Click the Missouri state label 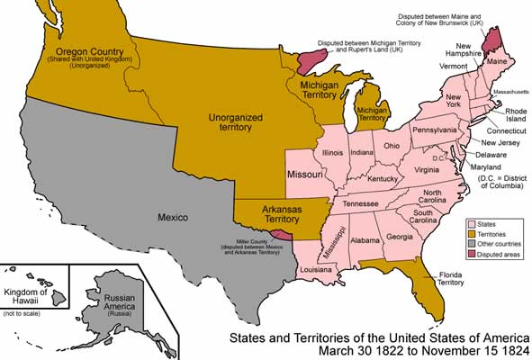coord(305,173)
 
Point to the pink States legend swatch coord(471,222)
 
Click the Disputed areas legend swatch coord(471,255)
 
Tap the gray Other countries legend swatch coord(471,244)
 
